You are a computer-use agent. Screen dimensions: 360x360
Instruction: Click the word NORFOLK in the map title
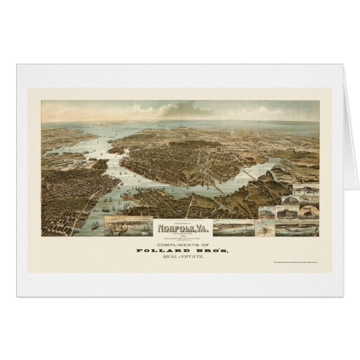[173, 228]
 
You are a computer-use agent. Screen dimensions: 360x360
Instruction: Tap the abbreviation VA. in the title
[198, 228]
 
